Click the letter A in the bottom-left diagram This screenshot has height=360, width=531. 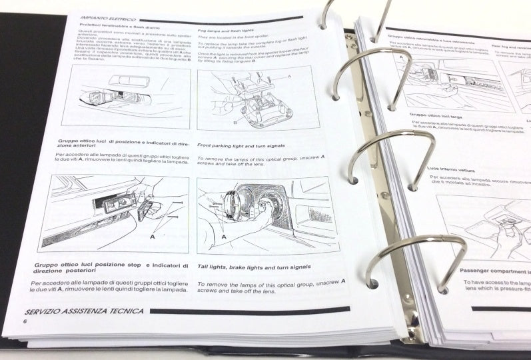(153, 235)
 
